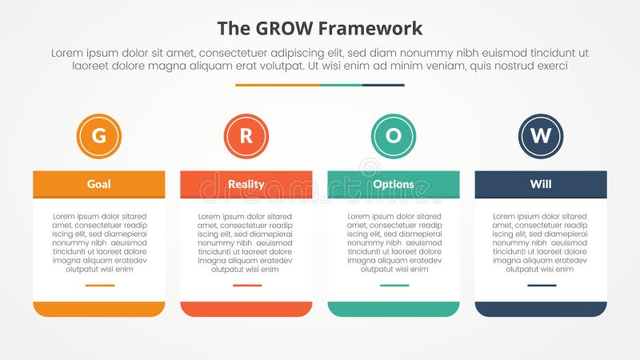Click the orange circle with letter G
pos(98,136)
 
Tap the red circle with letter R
pos(246,136)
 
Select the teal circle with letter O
pos(393,136)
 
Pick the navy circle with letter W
pos(541,136)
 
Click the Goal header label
pos(98,184)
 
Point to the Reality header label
pos(246,184)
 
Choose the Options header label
pos(393,184)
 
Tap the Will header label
pos(541,184)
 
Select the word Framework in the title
pos(372,29)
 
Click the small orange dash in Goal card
pos(99,285)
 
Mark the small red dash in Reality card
pos(246,285)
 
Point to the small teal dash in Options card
pos(394,285)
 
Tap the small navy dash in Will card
pos(541,285)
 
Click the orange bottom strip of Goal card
pos(98,309)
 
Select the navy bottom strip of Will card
pos(541,309)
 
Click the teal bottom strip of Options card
pos(393,309)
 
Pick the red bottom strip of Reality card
pos(246,309)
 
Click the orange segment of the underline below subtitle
pos(277,85)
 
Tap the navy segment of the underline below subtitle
pos(383,85)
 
